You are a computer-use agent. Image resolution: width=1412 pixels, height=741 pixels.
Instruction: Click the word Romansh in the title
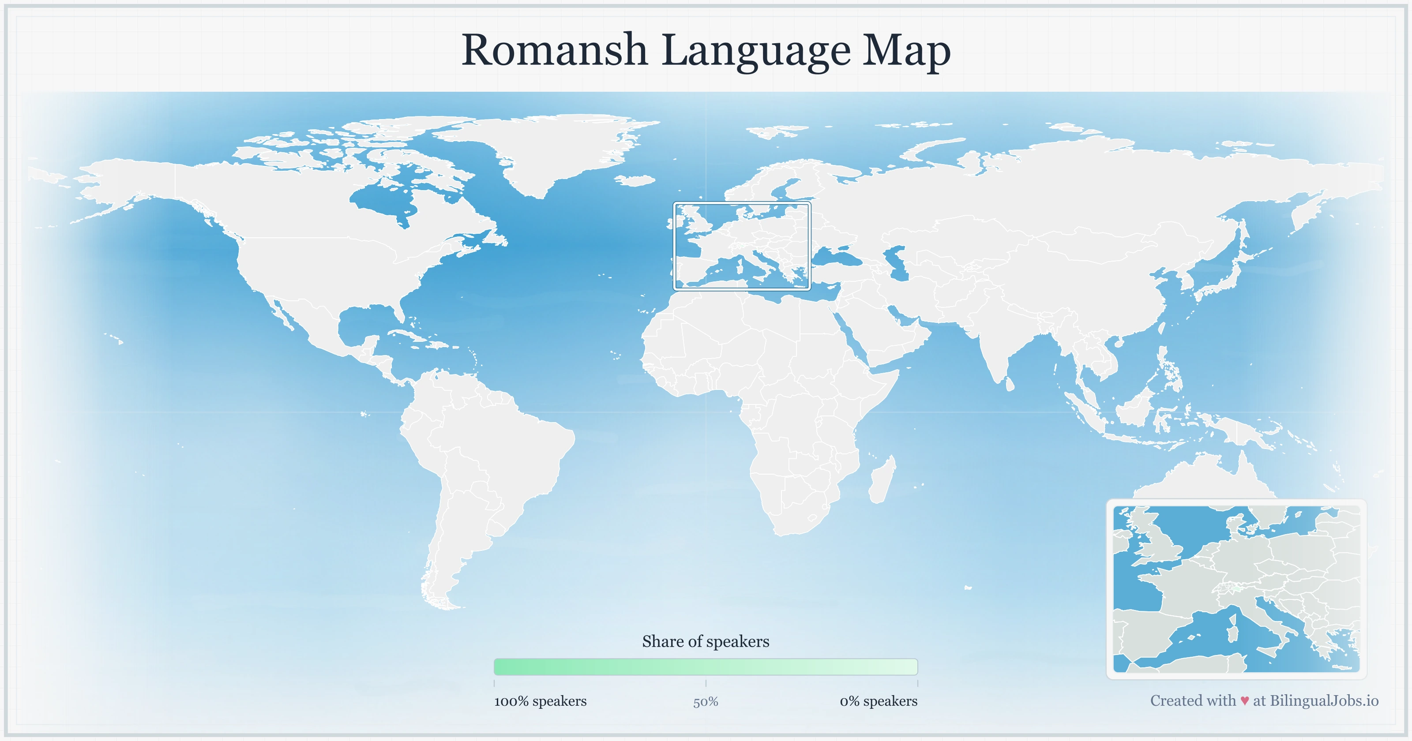pos(554,50)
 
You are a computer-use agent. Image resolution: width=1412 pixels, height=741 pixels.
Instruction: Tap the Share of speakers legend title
pos(706,641)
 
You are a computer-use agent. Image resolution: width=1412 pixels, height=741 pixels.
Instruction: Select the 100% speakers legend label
pos(540,701)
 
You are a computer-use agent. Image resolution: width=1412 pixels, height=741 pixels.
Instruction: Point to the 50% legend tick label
pos(706,702)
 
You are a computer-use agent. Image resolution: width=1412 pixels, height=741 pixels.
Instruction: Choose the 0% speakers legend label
pos(878,701)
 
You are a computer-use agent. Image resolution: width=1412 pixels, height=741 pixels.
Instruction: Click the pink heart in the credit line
pos(1244,701)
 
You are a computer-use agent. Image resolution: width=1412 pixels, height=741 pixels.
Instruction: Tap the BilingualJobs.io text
pos(1324,700)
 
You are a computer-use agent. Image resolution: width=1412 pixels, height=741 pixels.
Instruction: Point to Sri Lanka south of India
pos(1009,384)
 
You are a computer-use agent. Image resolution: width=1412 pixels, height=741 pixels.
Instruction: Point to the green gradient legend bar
pos(706,667)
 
